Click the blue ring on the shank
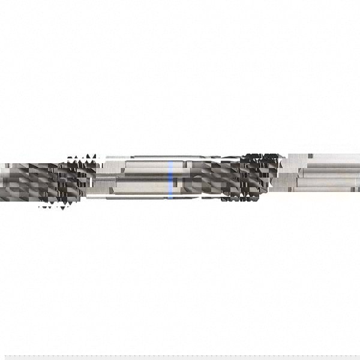[170, 177]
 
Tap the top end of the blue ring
[170, 161]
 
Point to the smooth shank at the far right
[330, 177]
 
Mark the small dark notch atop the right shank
[310, 156]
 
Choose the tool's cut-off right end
[358, 177]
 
